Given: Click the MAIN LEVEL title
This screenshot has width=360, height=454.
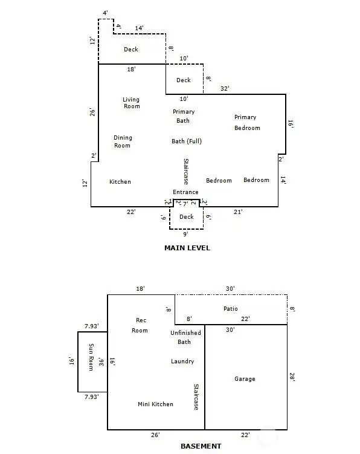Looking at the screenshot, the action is click(x=187, y=248).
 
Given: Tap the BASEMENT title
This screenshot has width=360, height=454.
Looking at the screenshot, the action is click(x=201, y=446).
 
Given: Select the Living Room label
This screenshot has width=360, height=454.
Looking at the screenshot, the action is click(x=132, y=103).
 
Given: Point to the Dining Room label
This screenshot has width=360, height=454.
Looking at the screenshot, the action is click(x=123, y=141).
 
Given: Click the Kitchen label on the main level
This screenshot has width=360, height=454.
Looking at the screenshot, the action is click(x=120, y=182).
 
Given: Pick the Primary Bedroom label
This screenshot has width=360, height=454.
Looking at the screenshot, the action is click(x=247, y=123).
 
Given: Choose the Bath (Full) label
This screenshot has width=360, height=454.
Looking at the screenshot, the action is click(x=187, y=141).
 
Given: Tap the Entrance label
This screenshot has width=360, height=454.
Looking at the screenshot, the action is click(x=185, y=192).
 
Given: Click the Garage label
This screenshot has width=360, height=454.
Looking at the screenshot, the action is click(x=245, y=378).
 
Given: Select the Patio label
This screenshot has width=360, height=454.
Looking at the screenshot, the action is click(x=231, y=309).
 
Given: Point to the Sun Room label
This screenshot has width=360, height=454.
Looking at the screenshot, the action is click(x=91, y=357).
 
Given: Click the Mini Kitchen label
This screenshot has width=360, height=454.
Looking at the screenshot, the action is click(x=155, y=404).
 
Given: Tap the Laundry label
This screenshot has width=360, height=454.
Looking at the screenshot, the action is click(x=182, y=362).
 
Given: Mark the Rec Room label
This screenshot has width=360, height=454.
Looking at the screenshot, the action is click(x=140, y=325).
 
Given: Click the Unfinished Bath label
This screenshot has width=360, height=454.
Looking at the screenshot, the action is click(x=185, y=337).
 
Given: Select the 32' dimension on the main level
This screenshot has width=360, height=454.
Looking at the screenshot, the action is click(x=225, y=89).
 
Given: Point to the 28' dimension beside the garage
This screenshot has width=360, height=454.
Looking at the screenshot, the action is click(x=292, y=377).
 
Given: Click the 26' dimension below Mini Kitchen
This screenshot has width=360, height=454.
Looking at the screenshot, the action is click(x=155, y=435).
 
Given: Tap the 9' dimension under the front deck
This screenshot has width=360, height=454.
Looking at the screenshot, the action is click(x=185, y=234).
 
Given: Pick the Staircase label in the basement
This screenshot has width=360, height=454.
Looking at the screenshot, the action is click(x=196, y=397).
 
